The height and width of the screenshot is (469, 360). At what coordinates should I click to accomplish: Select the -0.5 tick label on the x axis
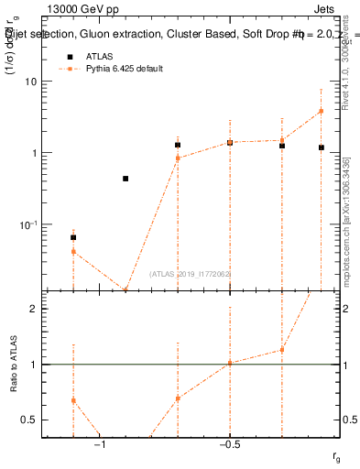tap(228, 446)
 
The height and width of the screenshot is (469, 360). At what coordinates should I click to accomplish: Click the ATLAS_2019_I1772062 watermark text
tap(190, 274)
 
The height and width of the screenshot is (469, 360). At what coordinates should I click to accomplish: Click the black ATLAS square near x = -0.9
tap(125, 179)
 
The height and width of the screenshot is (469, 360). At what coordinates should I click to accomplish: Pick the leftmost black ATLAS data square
tap(73, 237)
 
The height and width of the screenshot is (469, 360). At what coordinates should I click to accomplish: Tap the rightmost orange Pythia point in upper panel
tap(321, 112)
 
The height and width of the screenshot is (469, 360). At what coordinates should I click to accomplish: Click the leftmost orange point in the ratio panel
tap(73, 400)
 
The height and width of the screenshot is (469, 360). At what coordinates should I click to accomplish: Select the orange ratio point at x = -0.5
tap(230, 363)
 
